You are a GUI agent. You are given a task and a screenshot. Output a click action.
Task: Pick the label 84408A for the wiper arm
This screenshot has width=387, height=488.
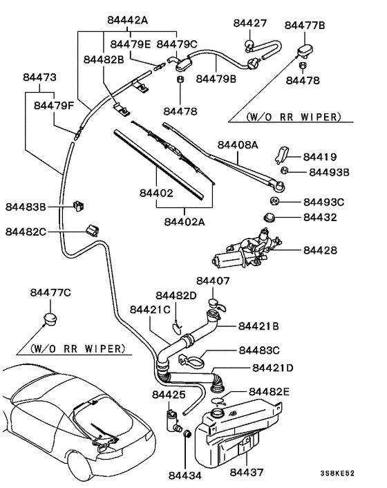[x=238, y=145]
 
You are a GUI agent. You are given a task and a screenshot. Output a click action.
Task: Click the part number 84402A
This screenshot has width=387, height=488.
[x=185, y=221]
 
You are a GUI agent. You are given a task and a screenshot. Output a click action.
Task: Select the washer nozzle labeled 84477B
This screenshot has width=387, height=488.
[x=303, y=50]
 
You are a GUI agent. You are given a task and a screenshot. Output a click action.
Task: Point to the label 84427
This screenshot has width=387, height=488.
[x=249, y=23]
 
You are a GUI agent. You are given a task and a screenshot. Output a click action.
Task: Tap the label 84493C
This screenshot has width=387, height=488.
[x=323, y=202]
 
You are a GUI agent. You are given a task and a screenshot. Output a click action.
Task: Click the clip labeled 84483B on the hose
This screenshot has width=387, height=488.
[x=77, y=205]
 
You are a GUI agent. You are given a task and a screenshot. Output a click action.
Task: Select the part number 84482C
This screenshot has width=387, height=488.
[x=26, y=232]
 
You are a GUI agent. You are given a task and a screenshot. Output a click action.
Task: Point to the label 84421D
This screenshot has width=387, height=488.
[x=273, y=368]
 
